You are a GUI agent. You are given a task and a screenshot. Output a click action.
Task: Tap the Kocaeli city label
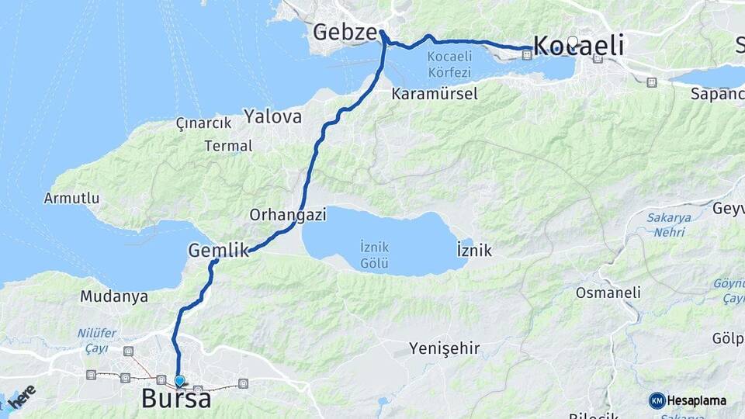click(580, 47)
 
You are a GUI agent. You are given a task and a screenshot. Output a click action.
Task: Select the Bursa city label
click(176, 399)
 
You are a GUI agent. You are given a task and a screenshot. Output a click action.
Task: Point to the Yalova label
click(272, 117)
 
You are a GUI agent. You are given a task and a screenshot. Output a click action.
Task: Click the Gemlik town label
click(218, 250)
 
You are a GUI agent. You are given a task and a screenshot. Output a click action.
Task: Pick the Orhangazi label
click(288, 214)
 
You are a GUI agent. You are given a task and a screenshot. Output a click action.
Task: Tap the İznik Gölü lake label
click(375, 255)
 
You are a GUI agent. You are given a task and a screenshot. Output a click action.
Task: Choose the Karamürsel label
click(435, 95)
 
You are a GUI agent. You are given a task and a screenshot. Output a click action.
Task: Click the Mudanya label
click(114, 296)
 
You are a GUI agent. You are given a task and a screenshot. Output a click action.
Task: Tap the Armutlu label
click(71, 199)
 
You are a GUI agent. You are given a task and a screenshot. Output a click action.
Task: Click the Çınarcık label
click(204, 123)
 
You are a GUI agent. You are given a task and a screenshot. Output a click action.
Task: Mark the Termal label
click(228, 145)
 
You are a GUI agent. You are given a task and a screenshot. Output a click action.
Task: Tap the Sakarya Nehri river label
click(668, 225)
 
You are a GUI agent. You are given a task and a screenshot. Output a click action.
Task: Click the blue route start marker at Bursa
click(180, 380)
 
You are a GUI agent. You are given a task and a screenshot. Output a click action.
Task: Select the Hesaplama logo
click(688, 400)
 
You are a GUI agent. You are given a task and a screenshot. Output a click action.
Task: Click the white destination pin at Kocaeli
click(573, 42)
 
